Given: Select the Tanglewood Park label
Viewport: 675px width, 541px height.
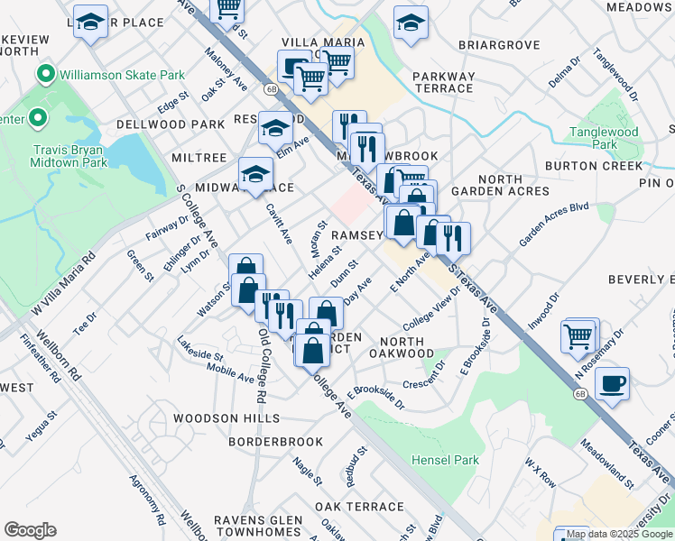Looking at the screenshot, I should coord(604,138).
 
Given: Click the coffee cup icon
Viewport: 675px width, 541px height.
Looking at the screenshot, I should coord(612,384).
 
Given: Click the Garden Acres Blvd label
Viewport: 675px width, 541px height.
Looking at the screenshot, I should coord(553,224).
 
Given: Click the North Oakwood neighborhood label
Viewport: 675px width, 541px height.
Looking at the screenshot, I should coord(407,347).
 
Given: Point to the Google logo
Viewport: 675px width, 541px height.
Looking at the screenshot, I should coord(30,530).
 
